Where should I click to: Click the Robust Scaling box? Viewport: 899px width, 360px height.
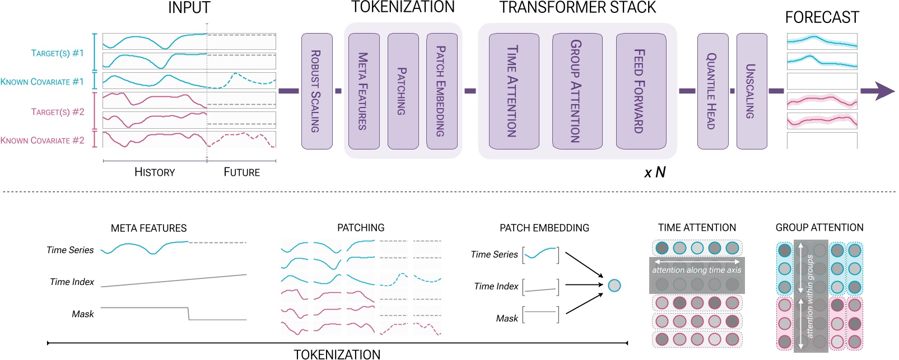(316, 91)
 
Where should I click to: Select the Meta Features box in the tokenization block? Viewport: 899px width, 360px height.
(364, 91)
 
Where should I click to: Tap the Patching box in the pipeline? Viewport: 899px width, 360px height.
(403, 91)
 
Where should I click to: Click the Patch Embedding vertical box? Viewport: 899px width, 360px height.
(441, 91)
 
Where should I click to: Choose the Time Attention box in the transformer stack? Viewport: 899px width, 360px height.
(514, 91)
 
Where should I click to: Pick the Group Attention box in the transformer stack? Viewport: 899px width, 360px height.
(577, 91)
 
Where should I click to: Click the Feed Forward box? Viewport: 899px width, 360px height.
(641, 91)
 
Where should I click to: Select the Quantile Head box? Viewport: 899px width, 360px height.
(712, 91)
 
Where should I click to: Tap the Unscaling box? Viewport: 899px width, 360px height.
(751, 91)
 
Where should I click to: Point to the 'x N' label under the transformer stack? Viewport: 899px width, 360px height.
(655, 172)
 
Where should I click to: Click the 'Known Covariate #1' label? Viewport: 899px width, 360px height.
(42, 82)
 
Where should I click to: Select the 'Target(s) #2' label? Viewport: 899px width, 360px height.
(58, 112)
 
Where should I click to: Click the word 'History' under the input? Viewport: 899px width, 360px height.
(155, 172)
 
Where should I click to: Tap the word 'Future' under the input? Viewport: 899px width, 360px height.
(241, 172)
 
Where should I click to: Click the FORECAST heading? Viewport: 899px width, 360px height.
(822, 17)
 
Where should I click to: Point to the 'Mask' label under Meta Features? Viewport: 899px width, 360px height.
(83, 314)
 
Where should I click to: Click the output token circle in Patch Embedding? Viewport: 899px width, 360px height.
(614, 286)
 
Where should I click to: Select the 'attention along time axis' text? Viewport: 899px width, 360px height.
(696, 270)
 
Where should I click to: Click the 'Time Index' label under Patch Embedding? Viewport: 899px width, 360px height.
(496, 286)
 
